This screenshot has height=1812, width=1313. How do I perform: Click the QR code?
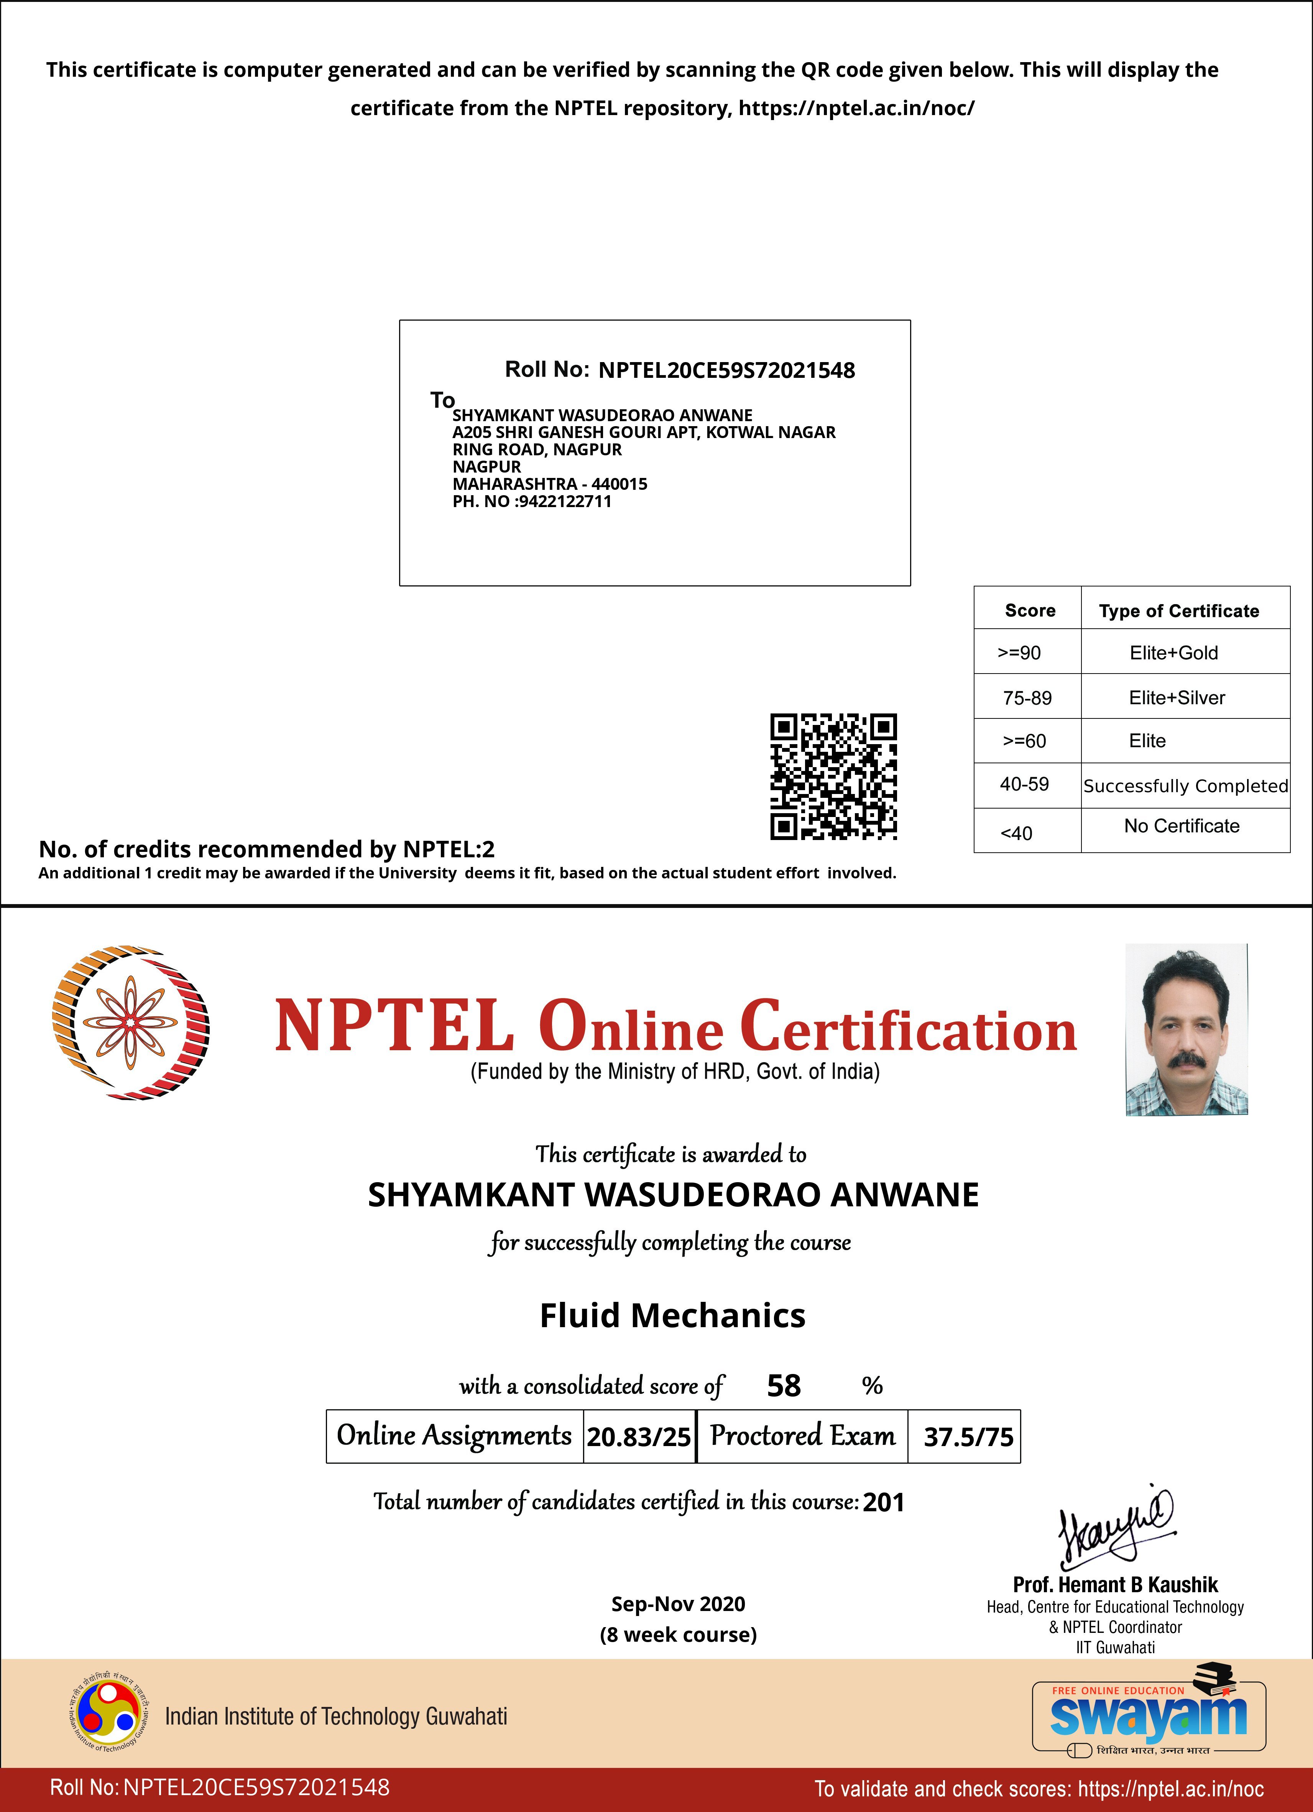point(833,777)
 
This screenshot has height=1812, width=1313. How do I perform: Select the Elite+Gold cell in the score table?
point(1173,653)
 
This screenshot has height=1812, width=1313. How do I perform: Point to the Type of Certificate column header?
point(1179,611)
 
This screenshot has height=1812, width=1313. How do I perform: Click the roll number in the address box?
point(726,370)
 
